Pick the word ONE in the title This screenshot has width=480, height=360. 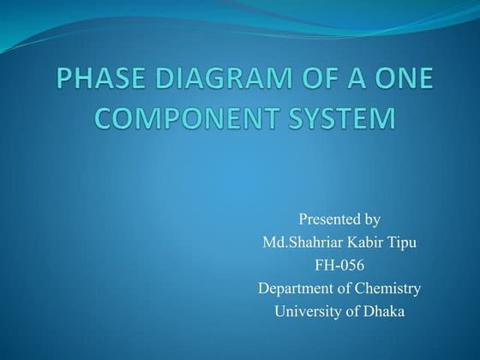click(399, 82)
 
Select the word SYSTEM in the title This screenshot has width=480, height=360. click(331, 118)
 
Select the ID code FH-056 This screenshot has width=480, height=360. click(339, 266)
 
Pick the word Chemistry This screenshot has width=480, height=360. click(388, 289)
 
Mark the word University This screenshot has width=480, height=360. click(307, 311)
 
